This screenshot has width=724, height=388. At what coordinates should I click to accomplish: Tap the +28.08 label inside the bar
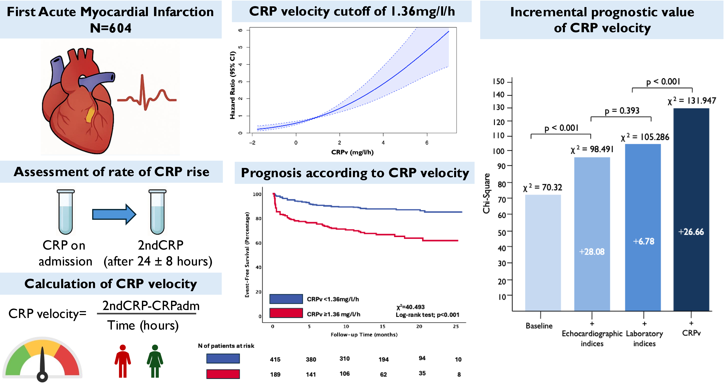(592, 251)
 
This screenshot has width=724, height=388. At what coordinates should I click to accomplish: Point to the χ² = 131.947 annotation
(692, 101)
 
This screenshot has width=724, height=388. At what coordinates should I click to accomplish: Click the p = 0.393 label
(622, 111)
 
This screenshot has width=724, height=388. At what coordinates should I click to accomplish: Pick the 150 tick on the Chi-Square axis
(499, 81)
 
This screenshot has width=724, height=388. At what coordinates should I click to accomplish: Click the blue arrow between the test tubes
(114, 214)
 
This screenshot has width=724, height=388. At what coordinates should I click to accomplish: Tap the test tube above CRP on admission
(66, 212)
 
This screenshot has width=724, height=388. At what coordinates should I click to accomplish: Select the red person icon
(123, 361)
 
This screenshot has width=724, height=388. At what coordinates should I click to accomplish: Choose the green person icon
(155, 361)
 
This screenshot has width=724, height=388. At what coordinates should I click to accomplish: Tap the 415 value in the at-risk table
(275, 359)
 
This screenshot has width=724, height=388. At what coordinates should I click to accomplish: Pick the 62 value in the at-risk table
(383, 374)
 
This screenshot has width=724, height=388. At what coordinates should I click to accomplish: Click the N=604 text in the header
(111, 28)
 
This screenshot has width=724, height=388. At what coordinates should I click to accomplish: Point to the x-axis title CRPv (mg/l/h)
(352, 152)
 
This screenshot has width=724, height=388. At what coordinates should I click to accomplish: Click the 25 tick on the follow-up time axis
(456, 326)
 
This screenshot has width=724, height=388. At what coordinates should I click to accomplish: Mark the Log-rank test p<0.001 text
(427, 315)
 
